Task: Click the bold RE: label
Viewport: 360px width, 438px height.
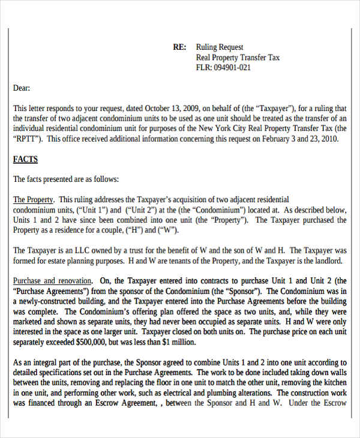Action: [x=179, y=47]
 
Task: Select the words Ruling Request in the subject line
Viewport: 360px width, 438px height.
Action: [x=220, y=47]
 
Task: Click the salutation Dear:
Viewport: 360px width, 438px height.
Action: [x=22, y=88]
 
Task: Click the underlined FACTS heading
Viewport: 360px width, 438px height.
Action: [x=25, y=159]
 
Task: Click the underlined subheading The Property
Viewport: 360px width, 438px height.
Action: [x=34, y=200]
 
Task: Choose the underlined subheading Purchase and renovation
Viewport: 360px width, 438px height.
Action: [x=53, y=281]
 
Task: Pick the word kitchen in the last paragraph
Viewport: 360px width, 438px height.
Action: [x=333, y=383]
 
